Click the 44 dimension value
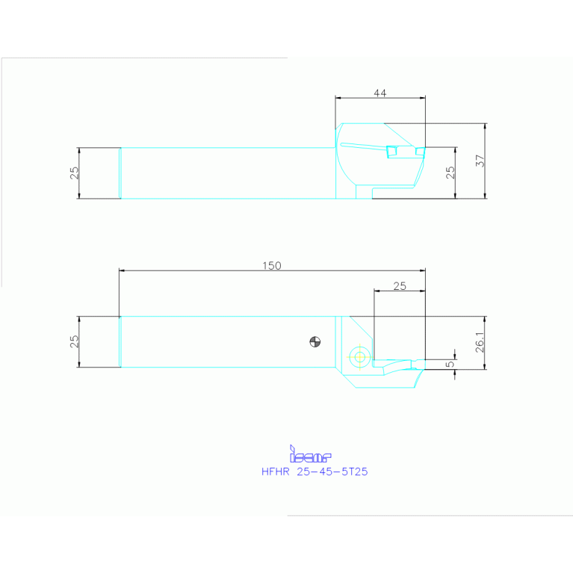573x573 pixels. coord(380,93)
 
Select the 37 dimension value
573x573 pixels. coord(480,161)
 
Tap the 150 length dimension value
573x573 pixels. coord(272,266)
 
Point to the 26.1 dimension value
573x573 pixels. coord(480,342)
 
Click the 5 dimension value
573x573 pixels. coord(448,365)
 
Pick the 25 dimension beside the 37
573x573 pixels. coord(450,172)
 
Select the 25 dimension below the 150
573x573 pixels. coord(399,286)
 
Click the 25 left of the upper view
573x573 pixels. coord(74,173)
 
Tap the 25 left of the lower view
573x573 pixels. coord(74,341)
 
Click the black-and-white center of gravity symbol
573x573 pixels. coord(315,342)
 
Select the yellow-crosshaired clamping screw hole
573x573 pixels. coord(361,356)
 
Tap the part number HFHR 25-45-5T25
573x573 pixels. coord(315,472)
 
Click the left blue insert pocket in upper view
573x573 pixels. coord(391,152)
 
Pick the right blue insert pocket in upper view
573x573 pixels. coord(420,152)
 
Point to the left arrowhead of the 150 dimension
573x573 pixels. coord(122,270)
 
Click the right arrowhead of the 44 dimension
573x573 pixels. coord(422,97)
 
